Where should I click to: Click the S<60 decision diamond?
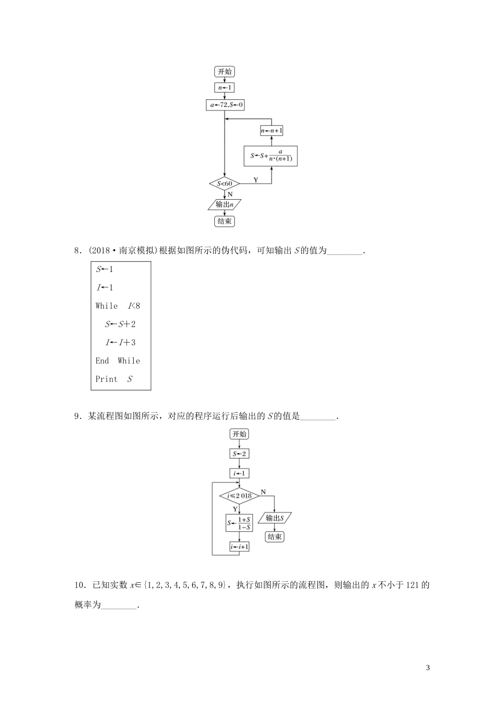pos(224,184)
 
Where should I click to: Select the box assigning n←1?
pos(224,88)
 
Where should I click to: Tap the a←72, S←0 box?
pos(225,105)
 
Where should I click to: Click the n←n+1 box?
pos(272,131)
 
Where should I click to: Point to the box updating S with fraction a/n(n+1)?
pos(271,156)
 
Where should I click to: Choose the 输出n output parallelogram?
pos(224,205)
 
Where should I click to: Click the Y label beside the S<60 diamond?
pos(256,180)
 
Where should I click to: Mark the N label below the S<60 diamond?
pos(230,194)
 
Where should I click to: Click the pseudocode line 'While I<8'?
pos(118,305)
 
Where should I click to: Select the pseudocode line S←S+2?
pos(120,324)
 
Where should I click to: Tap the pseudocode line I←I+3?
pos(120,342)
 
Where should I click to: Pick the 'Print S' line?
pos(114,379)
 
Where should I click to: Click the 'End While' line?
pos(118,361)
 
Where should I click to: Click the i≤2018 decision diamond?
pos(239,496)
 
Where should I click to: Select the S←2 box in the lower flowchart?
pos(239,454)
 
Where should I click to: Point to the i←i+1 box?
pos(239,547)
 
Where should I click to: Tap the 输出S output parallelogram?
pos(275,518)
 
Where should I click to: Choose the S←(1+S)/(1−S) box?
pos(239,523)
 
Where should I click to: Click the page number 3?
pos(428,667)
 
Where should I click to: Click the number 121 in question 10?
pos(412,585)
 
